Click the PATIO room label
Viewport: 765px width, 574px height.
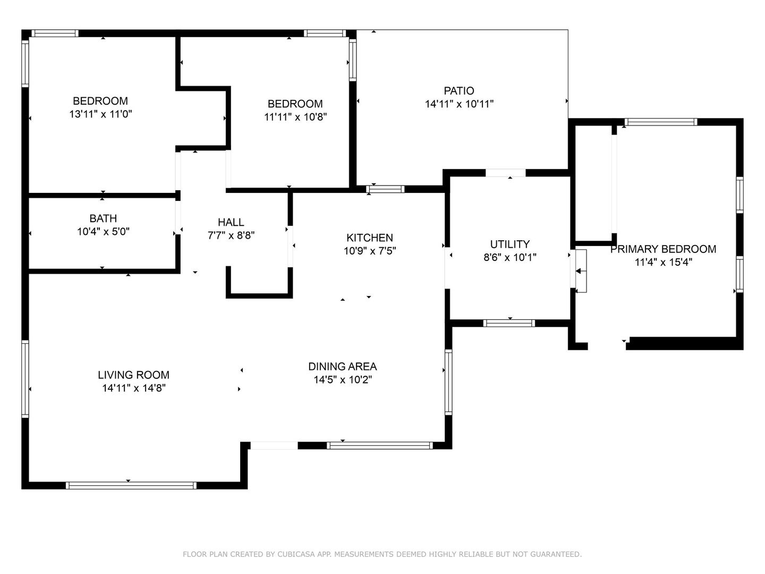(458, 90)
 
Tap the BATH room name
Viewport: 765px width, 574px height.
(103, 218)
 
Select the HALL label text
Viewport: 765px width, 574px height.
(231, 222)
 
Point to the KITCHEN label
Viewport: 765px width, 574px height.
(369, 238)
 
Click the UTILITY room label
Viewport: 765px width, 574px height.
(510, 244)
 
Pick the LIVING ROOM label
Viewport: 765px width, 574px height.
(133, 375)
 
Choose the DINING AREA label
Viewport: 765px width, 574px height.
(343, 366)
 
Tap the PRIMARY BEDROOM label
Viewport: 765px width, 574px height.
(663, 249)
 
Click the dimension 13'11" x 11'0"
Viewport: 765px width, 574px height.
(101, 114)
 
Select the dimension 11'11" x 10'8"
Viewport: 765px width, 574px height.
(295, 117)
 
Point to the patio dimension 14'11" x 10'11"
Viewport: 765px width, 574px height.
(459, 104)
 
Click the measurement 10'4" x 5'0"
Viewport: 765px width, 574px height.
(103, 231)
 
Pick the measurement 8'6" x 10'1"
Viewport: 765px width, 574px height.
(510, 257)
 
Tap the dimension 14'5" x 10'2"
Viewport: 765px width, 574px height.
(343, 379)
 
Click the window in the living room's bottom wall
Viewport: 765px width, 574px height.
(131, 485)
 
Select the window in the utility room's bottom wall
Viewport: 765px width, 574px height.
(509, 323)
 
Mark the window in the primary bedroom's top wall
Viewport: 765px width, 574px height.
(661, 122)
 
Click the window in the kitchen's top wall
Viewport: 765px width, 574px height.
(385, 189)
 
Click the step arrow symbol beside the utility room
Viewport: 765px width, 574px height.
(581, 271)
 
